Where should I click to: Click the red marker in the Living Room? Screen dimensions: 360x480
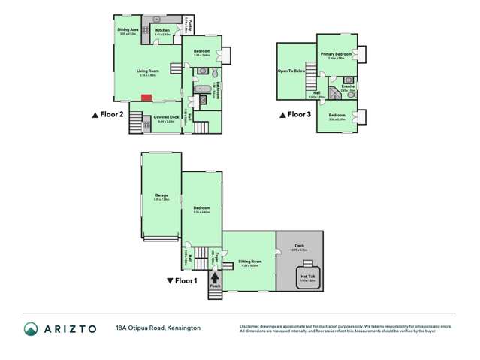[x=148, y=97]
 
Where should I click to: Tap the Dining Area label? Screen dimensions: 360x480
[x=126, y=30]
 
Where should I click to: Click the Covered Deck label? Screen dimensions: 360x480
[x=165, y=117]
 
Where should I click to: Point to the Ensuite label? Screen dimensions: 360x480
[x=347, y=86]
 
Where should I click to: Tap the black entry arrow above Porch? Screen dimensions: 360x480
[x=215, y=277]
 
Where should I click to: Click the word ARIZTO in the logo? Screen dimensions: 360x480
[x=70, y=329]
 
